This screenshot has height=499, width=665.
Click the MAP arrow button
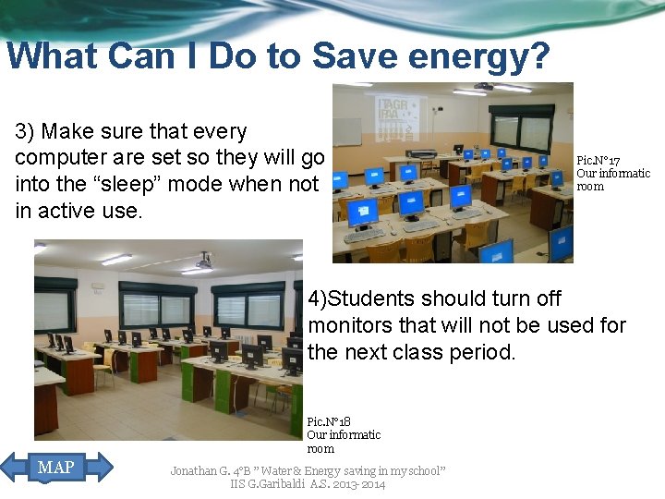tap(55, 468)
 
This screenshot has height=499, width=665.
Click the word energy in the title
tap(461, 56)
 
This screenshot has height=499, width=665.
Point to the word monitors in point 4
tap(356, 325)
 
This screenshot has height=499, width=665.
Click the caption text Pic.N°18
tap(329, 421)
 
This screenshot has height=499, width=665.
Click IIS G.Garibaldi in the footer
tap(268, 484)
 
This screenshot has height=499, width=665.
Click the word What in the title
tap(52, 56)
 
